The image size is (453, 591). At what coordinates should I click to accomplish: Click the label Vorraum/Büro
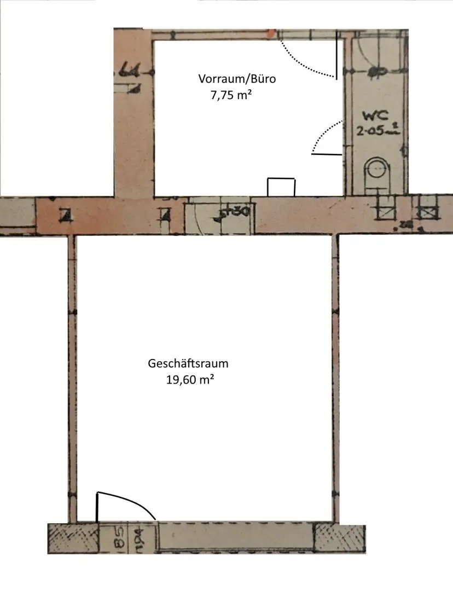tap(237, 79)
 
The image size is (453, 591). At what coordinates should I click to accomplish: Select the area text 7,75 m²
tap(231, 95)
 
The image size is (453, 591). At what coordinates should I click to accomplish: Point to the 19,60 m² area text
tap(189, 379)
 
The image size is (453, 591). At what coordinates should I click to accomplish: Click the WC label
tap(375, 116)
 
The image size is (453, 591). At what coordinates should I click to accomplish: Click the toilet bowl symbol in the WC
tap(377, 169)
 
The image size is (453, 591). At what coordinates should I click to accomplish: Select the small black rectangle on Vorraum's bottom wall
tap(281, 187)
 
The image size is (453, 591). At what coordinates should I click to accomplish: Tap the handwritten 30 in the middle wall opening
tap(239, 211)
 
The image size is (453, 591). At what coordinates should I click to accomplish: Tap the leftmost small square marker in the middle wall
tap(66, 216)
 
